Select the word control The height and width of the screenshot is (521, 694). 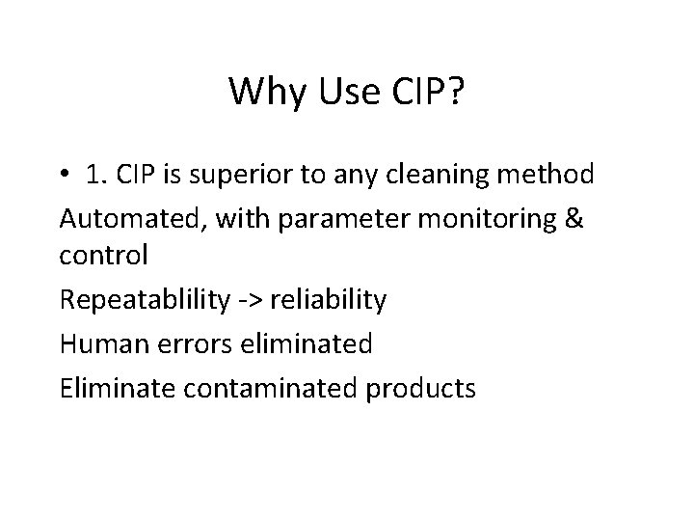pyautogui.click(x=103, y=257)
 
